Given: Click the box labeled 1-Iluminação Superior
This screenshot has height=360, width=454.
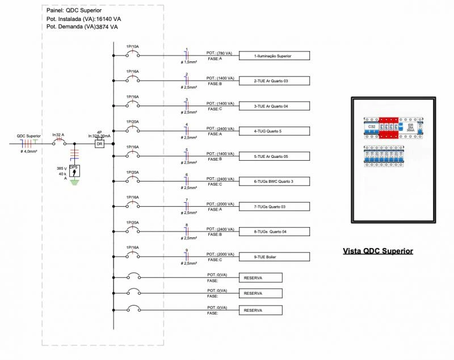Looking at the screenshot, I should click(274, 56).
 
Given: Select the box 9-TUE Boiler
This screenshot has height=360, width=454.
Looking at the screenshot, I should click(274, 257).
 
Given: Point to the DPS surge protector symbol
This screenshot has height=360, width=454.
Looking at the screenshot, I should click(74, 171).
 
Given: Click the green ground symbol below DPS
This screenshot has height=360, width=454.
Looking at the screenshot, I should click(74, 182).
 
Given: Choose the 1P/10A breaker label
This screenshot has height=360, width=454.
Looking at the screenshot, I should click(133, 45).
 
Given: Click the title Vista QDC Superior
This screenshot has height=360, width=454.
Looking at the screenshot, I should click(378, 251).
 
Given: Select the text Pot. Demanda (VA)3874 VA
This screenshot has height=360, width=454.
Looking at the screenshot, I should click(82, 27).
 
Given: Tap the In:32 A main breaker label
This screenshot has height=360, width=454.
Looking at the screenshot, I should click(58, 135).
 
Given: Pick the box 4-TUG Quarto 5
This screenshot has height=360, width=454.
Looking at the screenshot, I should click(274, 131).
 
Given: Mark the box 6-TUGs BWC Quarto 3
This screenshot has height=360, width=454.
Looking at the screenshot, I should click(274, 181).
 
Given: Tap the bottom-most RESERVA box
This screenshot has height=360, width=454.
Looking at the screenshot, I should click(260, 311).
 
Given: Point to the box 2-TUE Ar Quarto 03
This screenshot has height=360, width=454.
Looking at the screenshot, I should click(274, 81).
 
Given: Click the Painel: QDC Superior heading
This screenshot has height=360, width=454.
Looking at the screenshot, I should click(74, 11).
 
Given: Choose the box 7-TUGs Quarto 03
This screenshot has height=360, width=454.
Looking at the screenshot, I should click(274, 207).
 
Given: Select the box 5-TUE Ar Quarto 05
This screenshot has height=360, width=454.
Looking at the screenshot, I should click(274, 156).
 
